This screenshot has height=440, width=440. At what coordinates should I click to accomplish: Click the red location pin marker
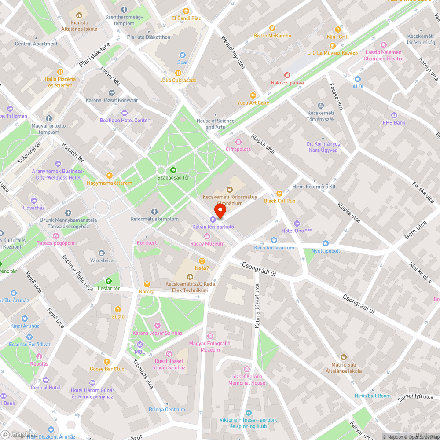220,211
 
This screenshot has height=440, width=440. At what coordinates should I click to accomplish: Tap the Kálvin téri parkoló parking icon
213,219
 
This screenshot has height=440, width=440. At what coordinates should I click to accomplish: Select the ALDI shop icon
358,79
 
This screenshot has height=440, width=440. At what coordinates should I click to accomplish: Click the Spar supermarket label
183,62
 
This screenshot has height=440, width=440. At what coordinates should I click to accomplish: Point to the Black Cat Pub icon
279,193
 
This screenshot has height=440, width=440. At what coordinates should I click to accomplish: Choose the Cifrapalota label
238,149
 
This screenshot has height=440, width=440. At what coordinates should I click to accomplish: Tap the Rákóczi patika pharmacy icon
287,75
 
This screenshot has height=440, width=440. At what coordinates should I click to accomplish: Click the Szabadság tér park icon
173,170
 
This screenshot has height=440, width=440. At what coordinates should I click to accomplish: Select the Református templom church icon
154,212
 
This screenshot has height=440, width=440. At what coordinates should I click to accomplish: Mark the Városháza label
102,260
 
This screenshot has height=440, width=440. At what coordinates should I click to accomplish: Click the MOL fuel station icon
139,345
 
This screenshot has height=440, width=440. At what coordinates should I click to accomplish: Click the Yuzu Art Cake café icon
253,95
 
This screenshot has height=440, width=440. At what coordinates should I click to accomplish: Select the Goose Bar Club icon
106,362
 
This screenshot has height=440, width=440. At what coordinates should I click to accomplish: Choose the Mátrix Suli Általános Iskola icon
344,357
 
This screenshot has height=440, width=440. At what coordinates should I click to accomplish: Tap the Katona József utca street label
257,306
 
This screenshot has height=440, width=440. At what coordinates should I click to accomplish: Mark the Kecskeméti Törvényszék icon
321,106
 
